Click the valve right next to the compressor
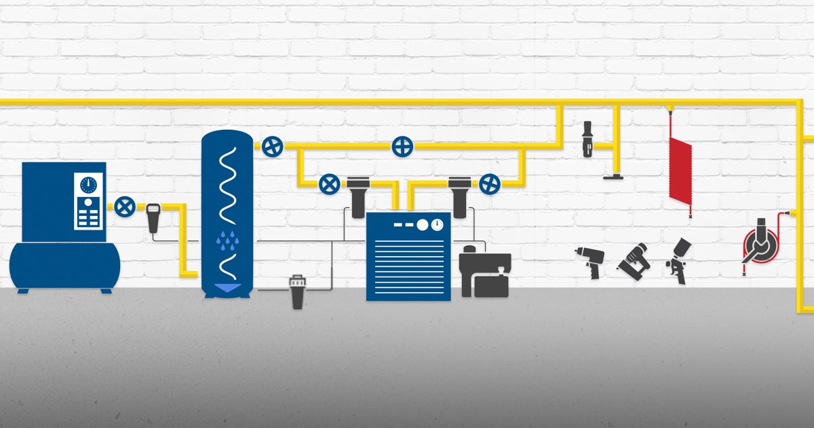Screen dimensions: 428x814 click(x=123, y=207)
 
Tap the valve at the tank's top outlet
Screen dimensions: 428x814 click(x=272, y=146)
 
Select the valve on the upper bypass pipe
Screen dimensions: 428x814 click(x=403, y=146)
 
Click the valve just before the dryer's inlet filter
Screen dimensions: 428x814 click(x=330, y=183)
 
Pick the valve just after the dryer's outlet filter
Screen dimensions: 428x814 click(x=489, y=183)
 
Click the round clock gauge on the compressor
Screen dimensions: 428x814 click(x=88, y=185)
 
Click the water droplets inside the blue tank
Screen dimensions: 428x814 click(x=226, y=239)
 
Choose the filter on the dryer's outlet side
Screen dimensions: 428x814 click(x=459, y=196)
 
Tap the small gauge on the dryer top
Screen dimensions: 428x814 click(x=438, y=224)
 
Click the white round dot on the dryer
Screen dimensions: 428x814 click(x=422, y=225)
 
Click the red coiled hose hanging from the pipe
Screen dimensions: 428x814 click(x=679, y=170)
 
